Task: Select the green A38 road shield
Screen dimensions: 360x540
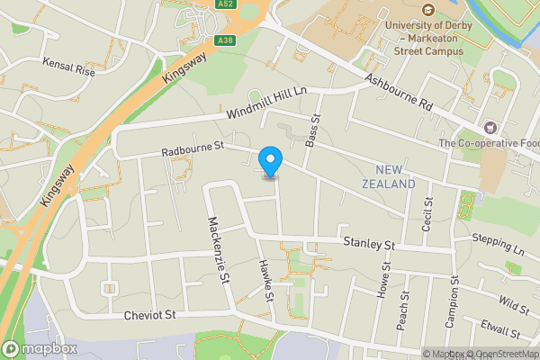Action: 226,40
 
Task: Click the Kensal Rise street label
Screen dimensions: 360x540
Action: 68,67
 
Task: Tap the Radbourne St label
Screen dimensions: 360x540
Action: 192,147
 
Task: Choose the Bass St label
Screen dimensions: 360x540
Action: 314,131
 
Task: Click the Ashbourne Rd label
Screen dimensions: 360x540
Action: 399,92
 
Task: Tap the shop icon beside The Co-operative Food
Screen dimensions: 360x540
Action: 490,128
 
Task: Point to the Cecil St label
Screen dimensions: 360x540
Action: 428,213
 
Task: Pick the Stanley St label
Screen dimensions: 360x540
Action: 370,244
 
